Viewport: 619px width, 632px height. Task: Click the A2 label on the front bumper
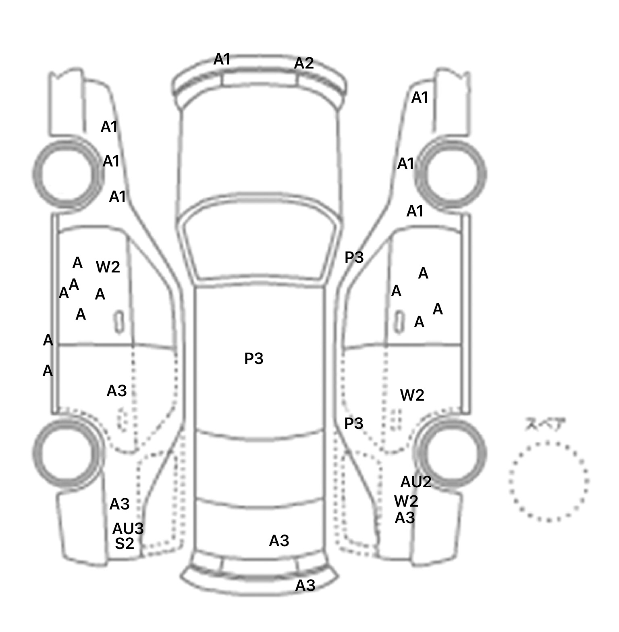click(304, 63)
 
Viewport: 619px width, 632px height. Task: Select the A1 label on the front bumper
click(222, 59)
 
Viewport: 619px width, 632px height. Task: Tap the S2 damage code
click(124, 544)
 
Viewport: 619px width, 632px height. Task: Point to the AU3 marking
click(128, 529)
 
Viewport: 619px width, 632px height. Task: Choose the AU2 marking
click(416, 482)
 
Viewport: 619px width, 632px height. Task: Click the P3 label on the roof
click(254, 358)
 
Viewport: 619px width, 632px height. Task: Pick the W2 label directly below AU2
click(406, 501)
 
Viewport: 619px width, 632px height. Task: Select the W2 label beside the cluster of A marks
click(108, 267)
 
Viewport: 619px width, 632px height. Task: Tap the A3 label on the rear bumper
click(305, 585)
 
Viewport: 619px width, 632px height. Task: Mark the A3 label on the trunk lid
click(279, 541)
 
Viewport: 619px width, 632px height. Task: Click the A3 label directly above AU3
click(119, 504)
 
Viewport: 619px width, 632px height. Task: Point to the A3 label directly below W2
click(405, 518)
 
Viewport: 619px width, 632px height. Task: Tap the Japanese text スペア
click(545, 424)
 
